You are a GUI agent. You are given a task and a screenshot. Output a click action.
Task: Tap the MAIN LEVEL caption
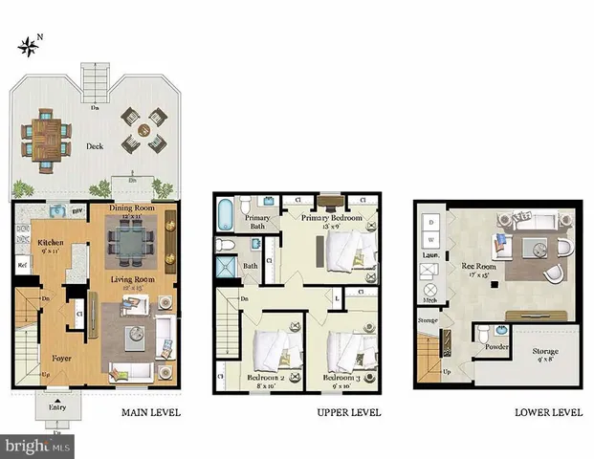(x=150, y=413)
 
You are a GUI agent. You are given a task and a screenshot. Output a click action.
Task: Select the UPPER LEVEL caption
(x=348, y=413)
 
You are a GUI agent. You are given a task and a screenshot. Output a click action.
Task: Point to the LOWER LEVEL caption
(x=548, y=413)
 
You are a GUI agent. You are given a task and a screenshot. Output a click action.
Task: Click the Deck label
(x=94, y=146)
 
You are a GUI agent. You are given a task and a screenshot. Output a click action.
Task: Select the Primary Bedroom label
(x=334, y=218)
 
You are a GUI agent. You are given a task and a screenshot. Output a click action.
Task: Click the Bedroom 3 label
(x=345, y=379)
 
